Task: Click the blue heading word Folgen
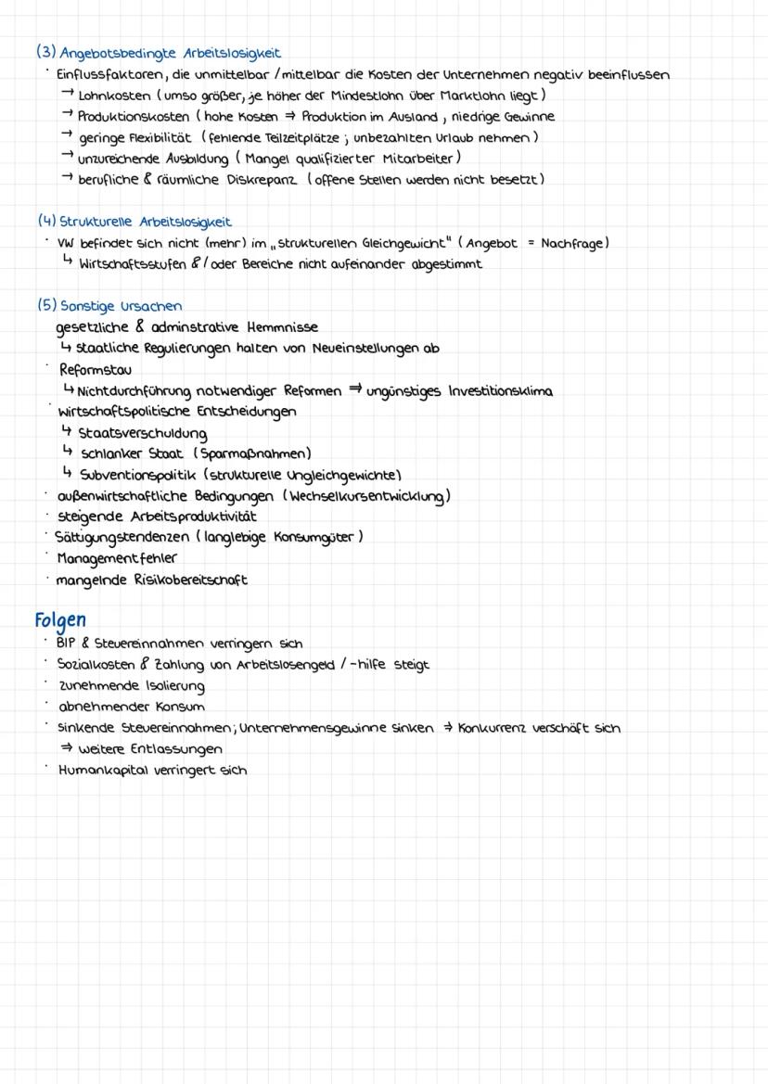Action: pyautogui.click(x=61, y=619)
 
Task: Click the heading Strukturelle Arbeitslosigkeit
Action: pyautogui.click(x=145, y=223)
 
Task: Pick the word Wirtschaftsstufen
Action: pyautogui.click(x=137, y=264)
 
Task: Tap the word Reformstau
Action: pyautogui.click(x=96, y=369)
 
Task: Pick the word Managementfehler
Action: pyautogui.click(x=116, y=558)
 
